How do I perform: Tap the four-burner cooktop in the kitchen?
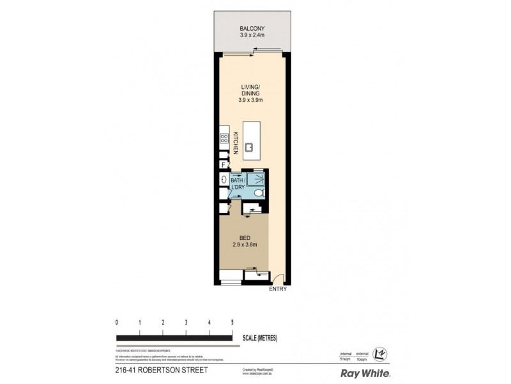click(x=224, y=138)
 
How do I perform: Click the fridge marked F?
click(x=223, y=164)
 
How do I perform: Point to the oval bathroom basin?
click(x=224, y=180)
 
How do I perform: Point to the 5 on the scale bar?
click(x=232, y=322)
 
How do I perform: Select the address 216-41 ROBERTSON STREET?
click(x=152, y=369)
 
